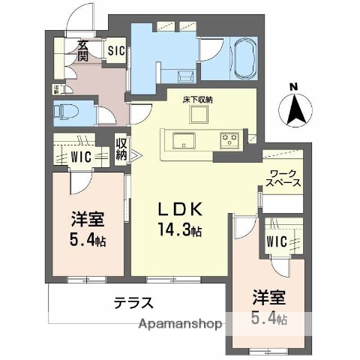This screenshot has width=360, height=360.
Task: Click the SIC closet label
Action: coord(115,51)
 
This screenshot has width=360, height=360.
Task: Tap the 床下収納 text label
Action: coord(198,97)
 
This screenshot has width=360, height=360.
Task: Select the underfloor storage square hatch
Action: coord(199,114)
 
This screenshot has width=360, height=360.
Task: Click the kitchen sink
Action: coord(182,139)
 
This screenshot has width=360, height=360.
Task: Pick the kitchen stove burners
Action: coord(228,139)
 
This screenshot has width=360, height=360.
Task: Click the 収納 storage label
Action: coord(121,149)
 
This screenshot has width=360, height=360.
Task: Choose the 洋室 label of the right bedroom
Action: coord(267,297)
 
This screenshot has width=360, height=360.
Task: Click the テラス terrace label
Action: coord(134,303)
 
